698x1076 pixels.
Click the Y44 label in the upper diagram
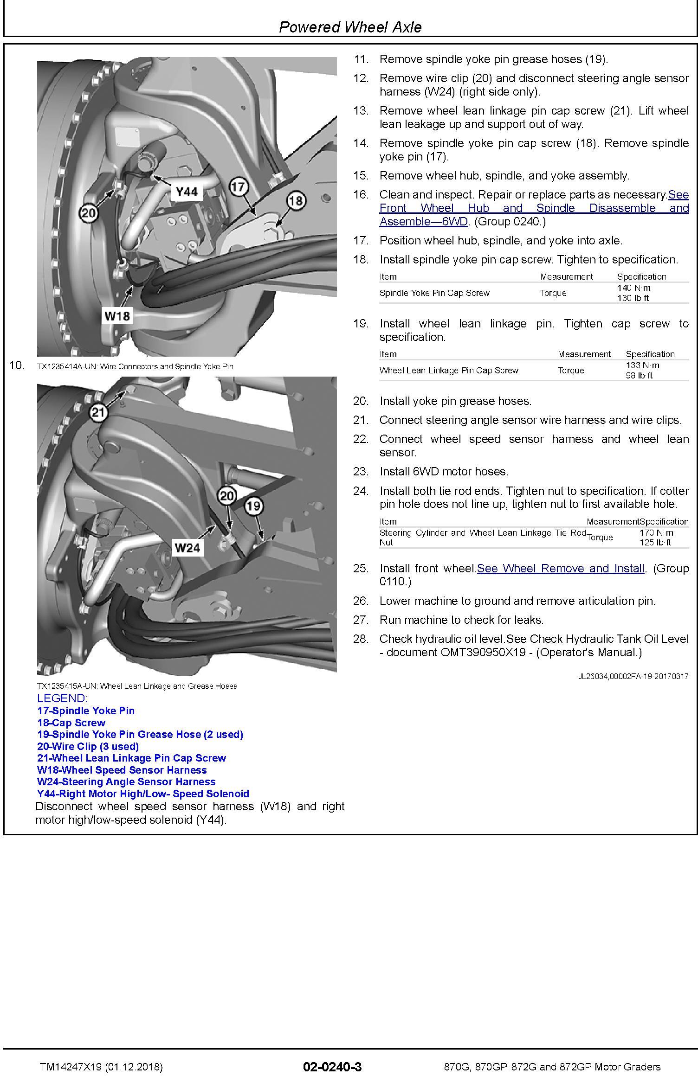(187, 192)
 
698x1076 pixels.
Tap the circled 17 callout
(239, 187)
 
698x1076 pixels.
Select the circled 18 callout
(296, 200)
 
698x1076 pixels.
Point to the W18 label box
(117, 316)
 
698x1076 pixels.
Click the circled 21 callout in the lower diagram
(98, 412)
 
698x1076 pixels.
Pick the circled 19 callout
(253, 505)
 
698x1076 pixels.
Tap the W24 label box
(187, 548)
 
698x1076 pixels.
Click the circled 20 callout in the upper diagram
(88, 213)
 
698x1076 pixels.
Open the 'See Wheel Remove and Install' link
(561, 568)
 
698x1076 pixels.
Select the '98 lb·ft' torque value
(639, 376)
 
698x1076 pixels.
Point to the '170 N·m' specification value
(656, 532)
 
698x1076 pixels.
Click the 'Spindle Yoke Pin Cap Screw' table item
(434, 293)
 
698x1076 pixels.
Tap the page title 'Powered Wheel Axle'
(350, 27)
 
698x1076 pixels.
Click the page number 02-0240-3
(332, 1067)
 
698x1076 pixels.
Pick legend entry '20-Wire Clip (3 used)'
(88, 746)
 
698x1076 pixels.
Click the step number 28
(361, 639)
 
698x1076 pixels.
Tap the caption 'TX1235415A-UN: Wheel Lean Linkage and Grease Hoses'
(137, 686)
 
